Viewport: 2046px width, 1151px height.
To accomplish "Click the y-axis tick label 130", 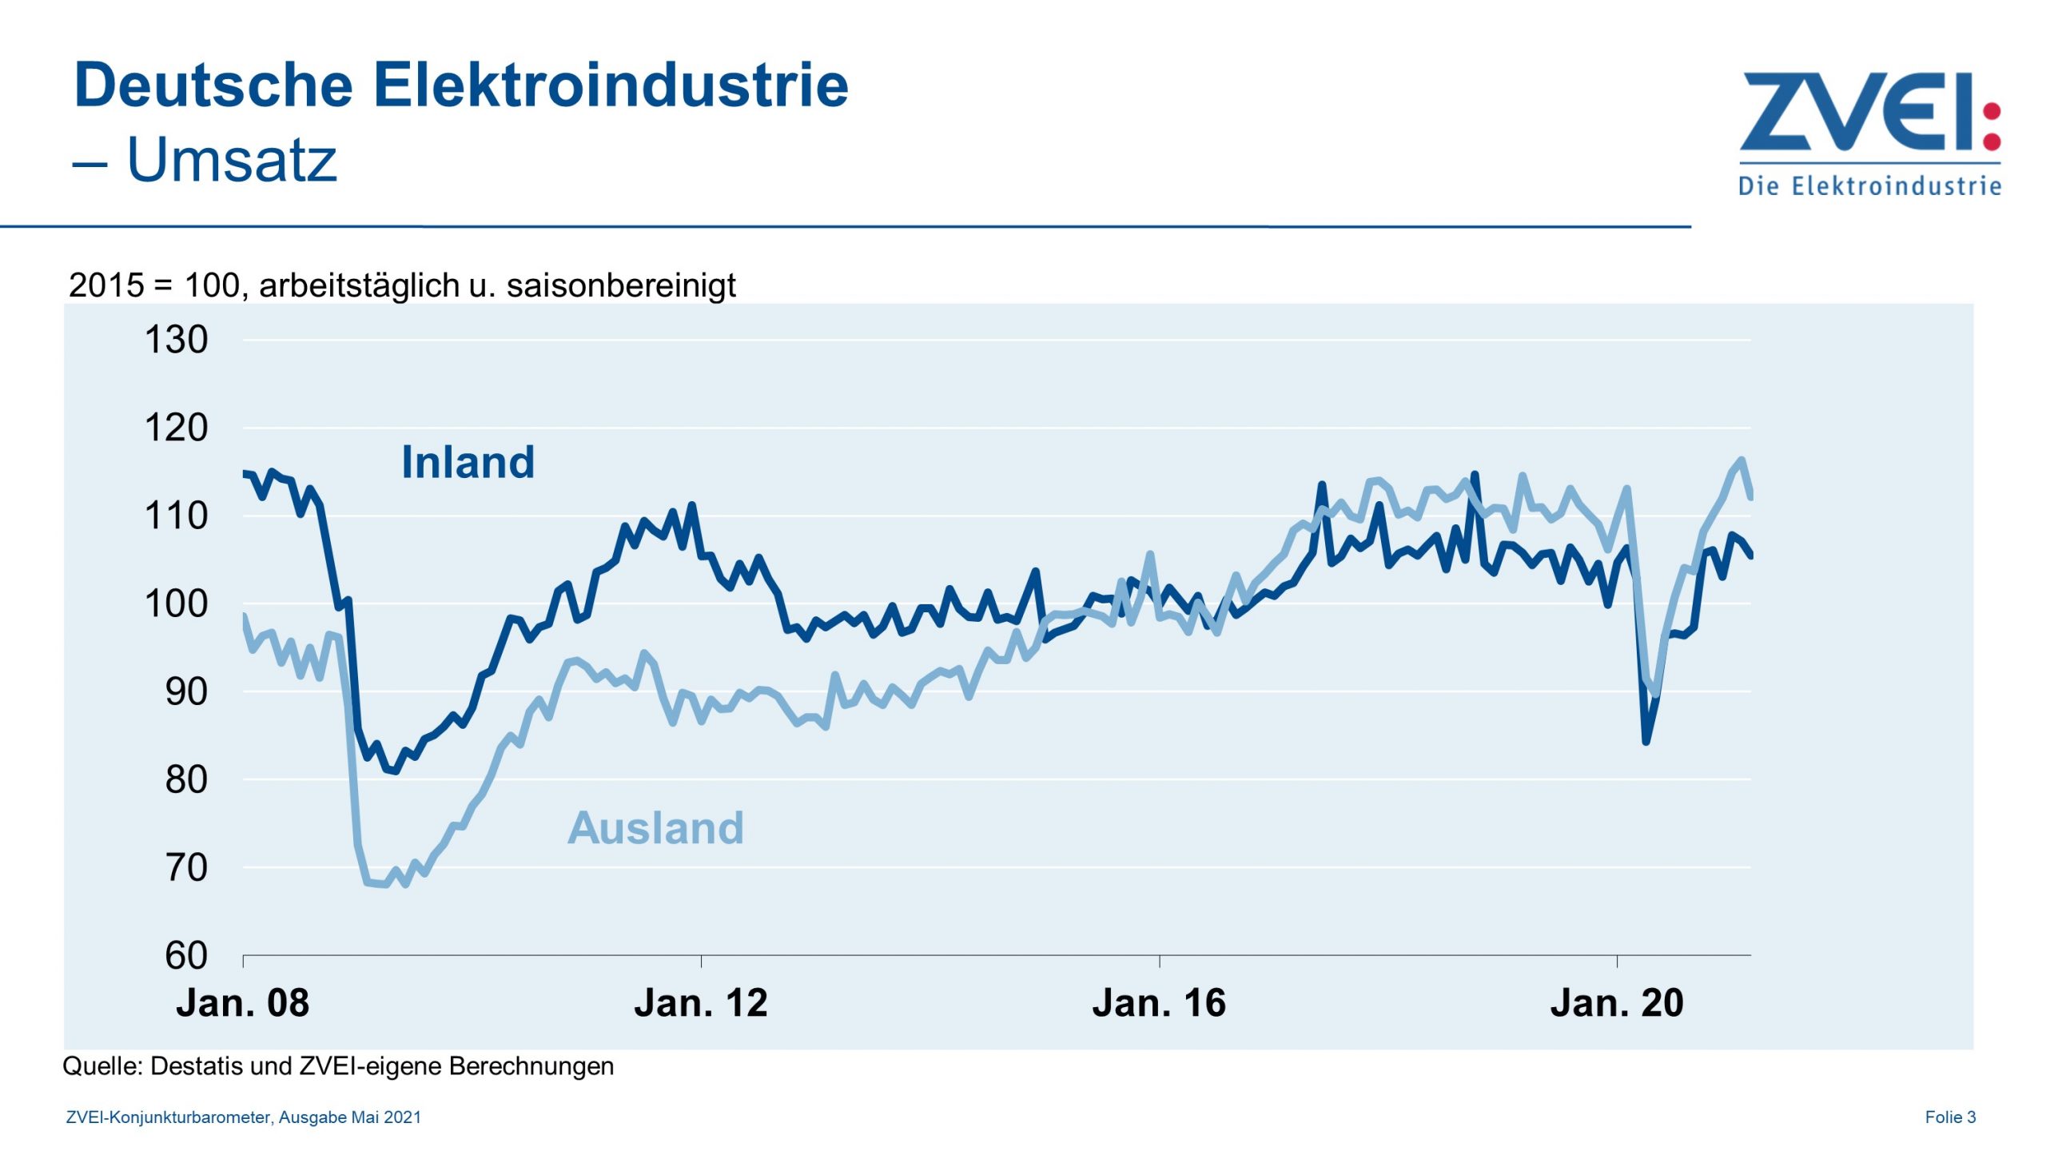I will [176, 340].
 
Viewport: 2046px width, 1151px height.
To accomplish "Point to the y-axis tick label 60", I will [185, 955].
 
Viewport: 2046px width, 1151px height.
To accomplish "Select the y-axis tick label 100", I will [176, 603].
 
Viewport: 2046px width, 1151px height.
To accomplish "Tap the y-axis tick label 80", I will [185, 779].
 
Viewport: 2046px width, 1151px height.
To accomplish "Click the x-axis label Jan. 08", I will [242, 1003].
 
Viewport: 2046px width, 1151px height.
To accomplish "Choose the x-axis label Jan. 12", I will [700, 1003].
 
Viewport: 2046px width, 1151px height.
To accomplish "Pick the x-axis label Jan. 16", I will [1159, 1003].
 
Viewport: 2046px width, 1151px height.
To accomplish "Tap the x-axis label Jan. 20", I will [1617, 1003].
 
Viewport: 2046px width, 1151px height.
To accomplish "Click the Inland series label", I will [468, 462].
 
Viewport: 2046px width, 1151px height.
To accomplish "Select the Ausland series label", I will [655, 827].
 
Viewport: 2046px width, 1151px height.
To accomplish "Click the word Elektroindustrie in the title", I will [611, 85].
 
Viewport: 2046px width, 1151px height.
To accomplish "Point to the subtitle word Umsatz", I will [232, 160].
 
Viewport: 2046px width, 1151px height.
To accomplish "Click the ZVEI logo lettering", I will [1854, 112].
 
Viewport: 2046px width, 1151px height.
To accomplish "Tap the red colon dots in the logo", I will [1992, 125].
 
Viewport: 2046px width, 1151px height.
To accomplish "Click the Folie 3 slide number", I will [1950, 1117].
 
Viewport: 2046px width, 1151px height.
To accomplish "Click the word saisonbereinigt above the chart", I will [621, 285].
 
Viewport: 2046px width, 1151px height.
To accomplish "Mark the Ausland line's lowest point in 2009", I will [386, 884].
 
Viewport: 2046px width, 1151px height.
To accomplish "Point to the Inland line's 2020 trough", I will [1646, 741].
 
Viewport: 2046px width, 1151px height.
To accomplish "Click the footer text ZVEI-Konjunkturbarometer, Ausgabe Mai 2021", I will [243, 1117].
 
